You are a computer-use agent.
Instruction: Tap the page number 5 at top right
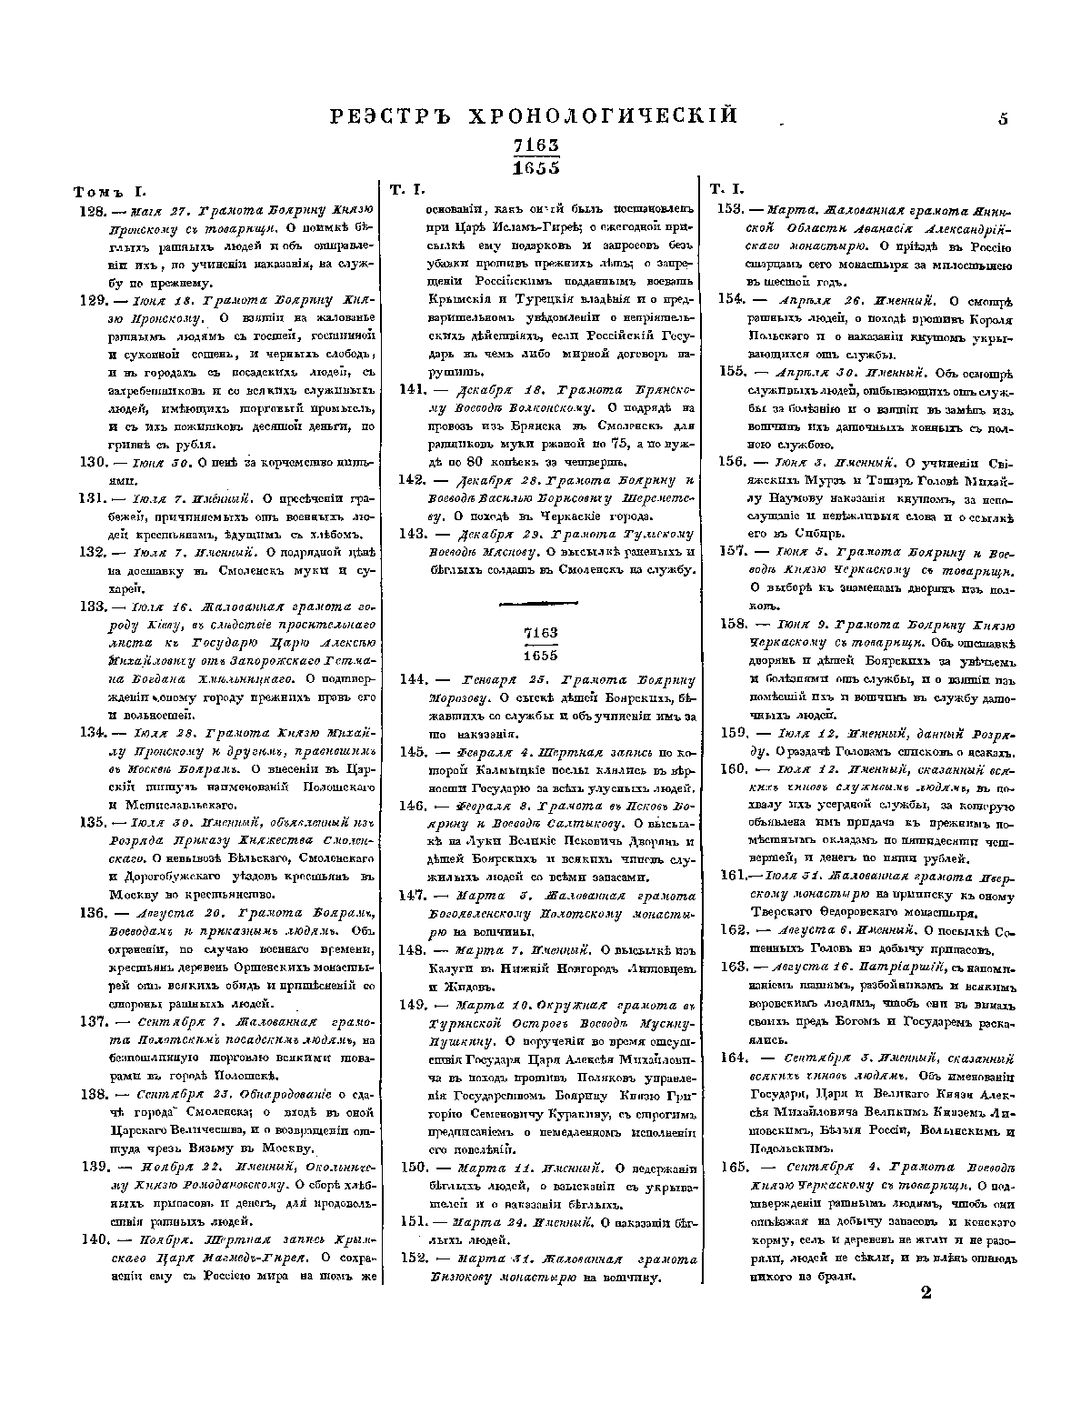click(x=1003, y=117)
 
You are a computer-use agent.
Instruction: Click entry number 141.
click(x=414, y=388)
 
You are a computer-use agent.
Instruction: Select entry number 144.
click(x=414, y=679)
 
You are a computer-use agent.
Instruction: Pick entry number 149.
click(x=414, y=1005)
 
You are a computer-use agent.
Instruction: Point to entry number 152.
click(x=414, y=1259)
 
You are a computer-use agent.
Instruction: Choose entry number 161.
click(x=733, y=876)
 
